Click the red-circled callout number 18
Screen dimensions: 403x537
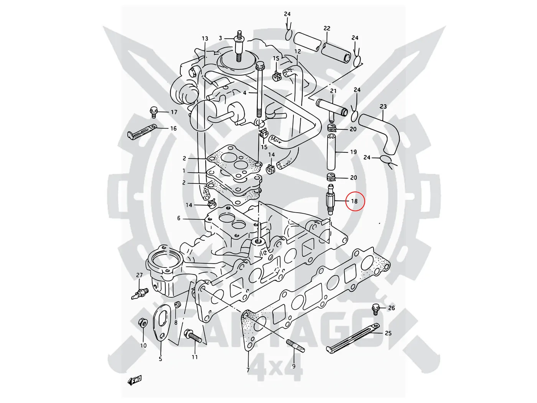354,201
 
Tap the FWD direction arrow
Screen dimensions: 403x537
135,380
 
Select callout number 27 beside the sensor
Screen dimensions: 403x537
139,275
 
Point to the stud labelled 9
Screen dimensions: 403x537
296,344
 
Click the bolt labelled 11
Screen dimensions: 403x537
193,337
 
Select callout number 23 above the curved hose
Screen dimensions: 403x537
383,106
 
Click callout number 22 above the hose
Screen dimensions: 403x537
327,28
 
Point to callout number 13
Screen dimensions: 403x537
205,38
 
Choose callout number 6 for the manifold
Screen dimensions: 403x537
179,218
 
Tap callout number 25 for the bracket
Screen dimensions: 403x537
388,333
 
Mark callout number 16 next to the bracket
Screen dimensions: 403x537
173,128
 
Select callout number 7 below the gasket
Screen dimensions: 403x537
248,370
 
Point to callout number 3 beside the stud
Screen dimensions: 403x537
221,38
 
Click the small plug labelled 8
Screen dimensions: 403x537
177,305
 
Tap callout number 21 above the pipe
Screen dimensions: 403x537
333,91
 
